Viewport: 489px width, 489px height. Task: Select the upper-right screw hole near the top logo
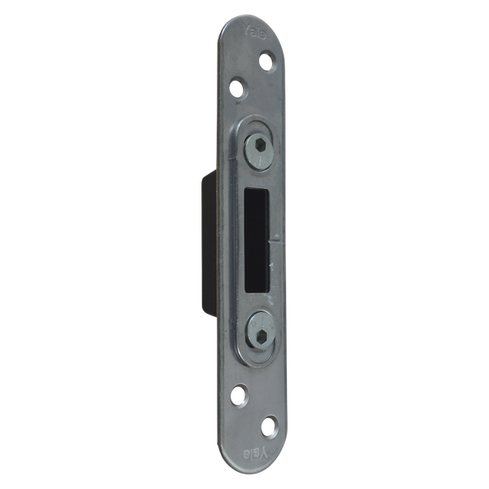[x=267, y=59]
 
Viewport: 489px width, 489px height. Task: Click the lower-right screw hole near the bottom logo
[x=267, y=425]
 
